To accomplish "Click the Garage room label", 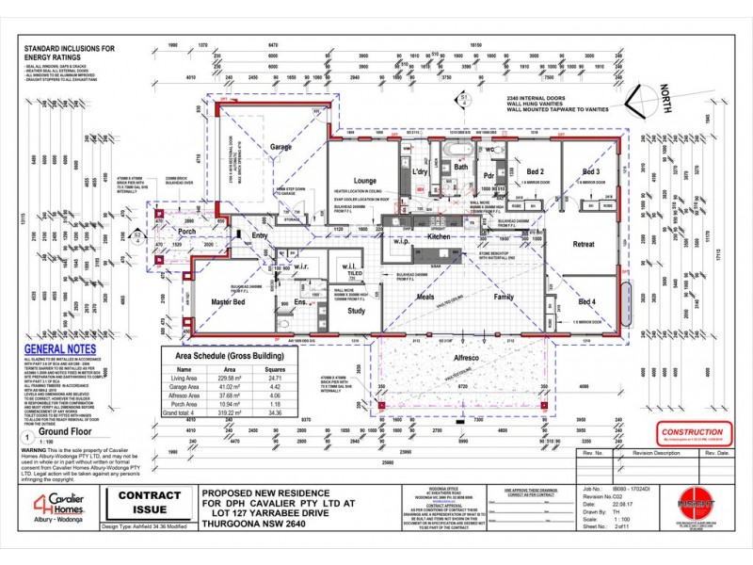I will (x=280, y=148).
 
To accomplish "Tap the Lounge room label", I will (x=364, y=181).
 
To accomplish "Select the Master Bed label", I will (x=229, y=301).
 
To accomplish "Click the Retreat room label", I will (x=583, y=245).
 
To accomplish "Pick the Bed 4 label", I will (x=586, y=301).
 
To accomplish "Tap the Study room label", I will (x=356, y=310).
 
